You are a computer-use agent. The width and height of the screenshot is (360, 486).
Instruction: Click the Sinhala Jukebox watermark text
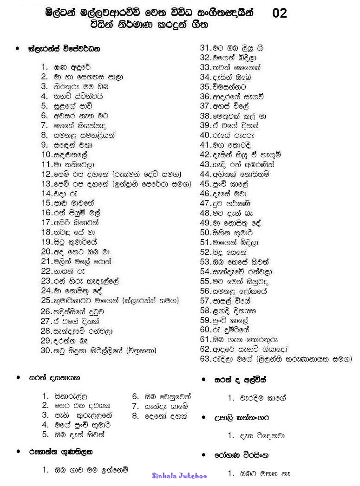point(179,476)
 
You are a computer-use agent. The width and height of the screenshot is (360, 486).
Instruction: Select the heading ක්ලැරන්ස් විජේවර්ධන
point(64,48)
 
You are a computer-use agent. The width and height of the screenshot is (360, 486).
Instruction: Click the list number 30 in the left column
point(45,350)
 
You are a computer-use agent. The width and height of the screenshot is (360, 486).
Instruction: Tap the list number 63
point(206,359)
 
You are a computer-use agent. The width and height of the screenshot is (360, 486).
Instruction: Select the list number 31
point(206,47)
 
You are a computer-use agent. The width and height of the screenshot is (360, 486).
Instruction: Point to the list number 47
point(206,203)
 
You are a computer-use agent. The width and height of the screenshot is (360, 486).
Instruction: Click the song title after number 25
point(115,301)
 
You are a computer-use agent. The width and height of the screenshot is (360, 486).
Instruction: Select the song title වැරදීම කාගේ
point(262,398)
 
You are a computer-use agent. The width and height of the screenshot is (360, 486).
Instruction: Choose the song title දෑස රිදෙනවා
point(262,436)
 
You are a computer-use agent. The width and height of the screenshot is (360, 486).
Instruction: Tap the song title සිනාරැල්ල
point(71,396)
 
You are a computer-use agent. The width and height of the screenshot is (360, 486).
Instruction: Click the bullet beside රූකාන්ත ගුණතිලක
point(18,451)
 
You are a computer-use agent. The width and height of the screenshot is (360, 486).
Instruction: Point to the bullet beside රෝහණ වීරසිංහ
point(204,455)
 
